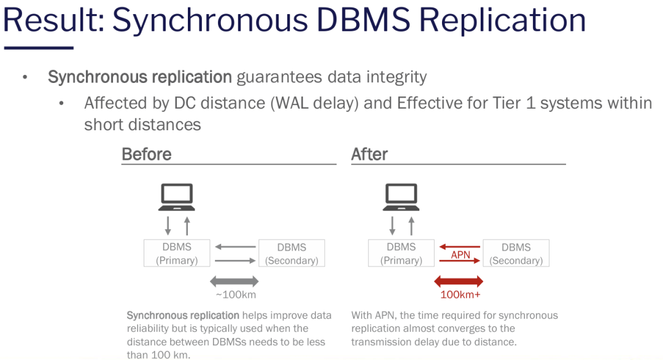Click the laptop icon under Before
(x=177, y=197)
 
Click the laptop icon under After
(x=401, y=197)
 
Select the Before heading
(x=146, y=154)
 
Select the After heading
(x=370, y=154)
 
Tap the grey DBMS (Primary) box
(x=177, y=253)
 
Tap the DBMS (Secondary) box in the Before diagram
(x=292, y=253)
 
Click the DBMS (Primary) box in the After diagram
(x=401, y=253)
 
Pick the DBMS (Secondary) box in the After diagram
(x=516, y=253)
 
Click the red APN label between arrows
(x=460, y=254)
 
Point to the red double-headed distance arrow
(x=459, y=281)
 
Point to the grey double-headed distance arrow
(x=234, y=281)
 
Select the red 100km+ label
(x=460, y=294)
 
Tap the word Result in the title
(x=50, y=20)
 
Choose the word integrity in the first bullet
(x=395, y=77)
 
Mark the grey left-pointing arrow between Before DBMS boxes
(x=235, y=247)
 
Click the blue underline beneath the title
(x=38, y=47)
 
